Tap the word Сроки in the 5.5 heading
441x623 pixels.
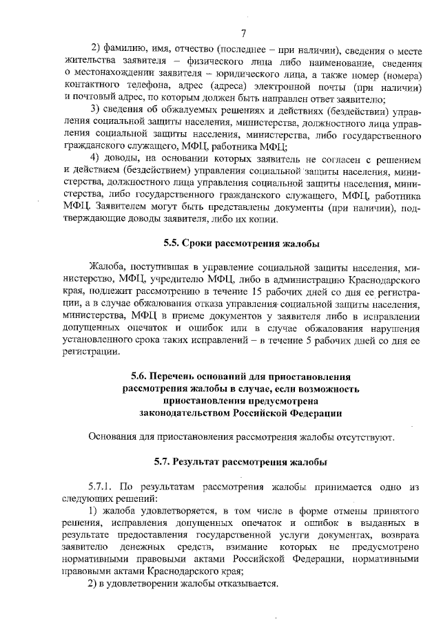(x=201, y=243)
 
